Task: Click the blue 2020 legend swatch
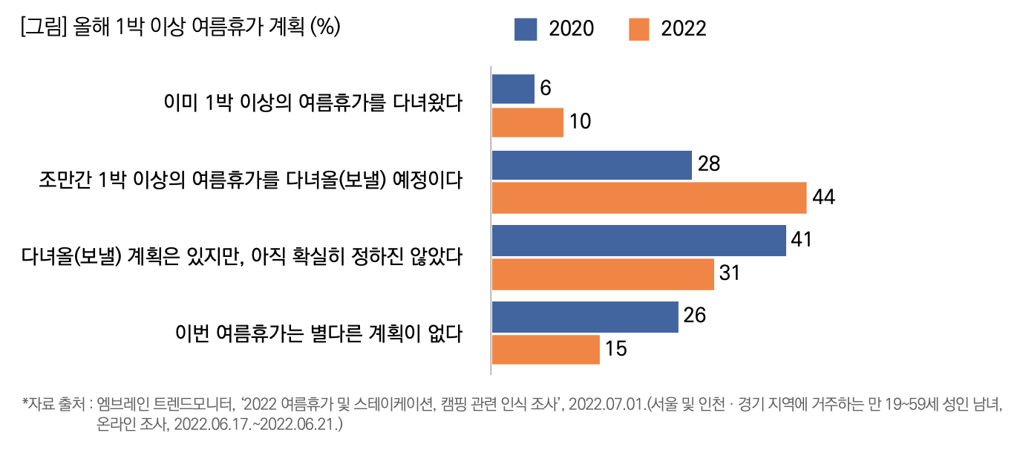525,29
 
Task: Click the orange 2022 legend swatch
638,29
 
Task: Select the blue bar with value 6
513,89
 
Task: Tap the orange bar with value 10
528,123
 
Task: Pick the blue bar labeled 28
592,165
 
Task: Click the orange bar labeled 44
649,198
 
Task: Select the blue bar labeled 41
638,241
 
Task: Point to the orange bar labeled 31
603,274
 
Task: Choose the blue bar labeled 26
585,316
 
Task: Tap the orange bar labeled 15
546,349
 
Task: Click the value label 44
824,198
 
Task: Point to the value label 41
803,240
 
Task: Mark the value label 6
546,88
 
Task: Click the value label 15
616,349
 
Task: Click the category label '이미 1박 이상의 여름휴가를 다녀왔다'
313,102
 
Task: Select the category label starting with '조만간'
251,180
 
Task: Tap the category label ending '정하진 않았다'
242,257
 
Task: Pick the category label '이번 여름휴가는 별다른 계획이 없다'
318,333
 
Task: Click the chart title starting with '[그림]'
181,27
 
